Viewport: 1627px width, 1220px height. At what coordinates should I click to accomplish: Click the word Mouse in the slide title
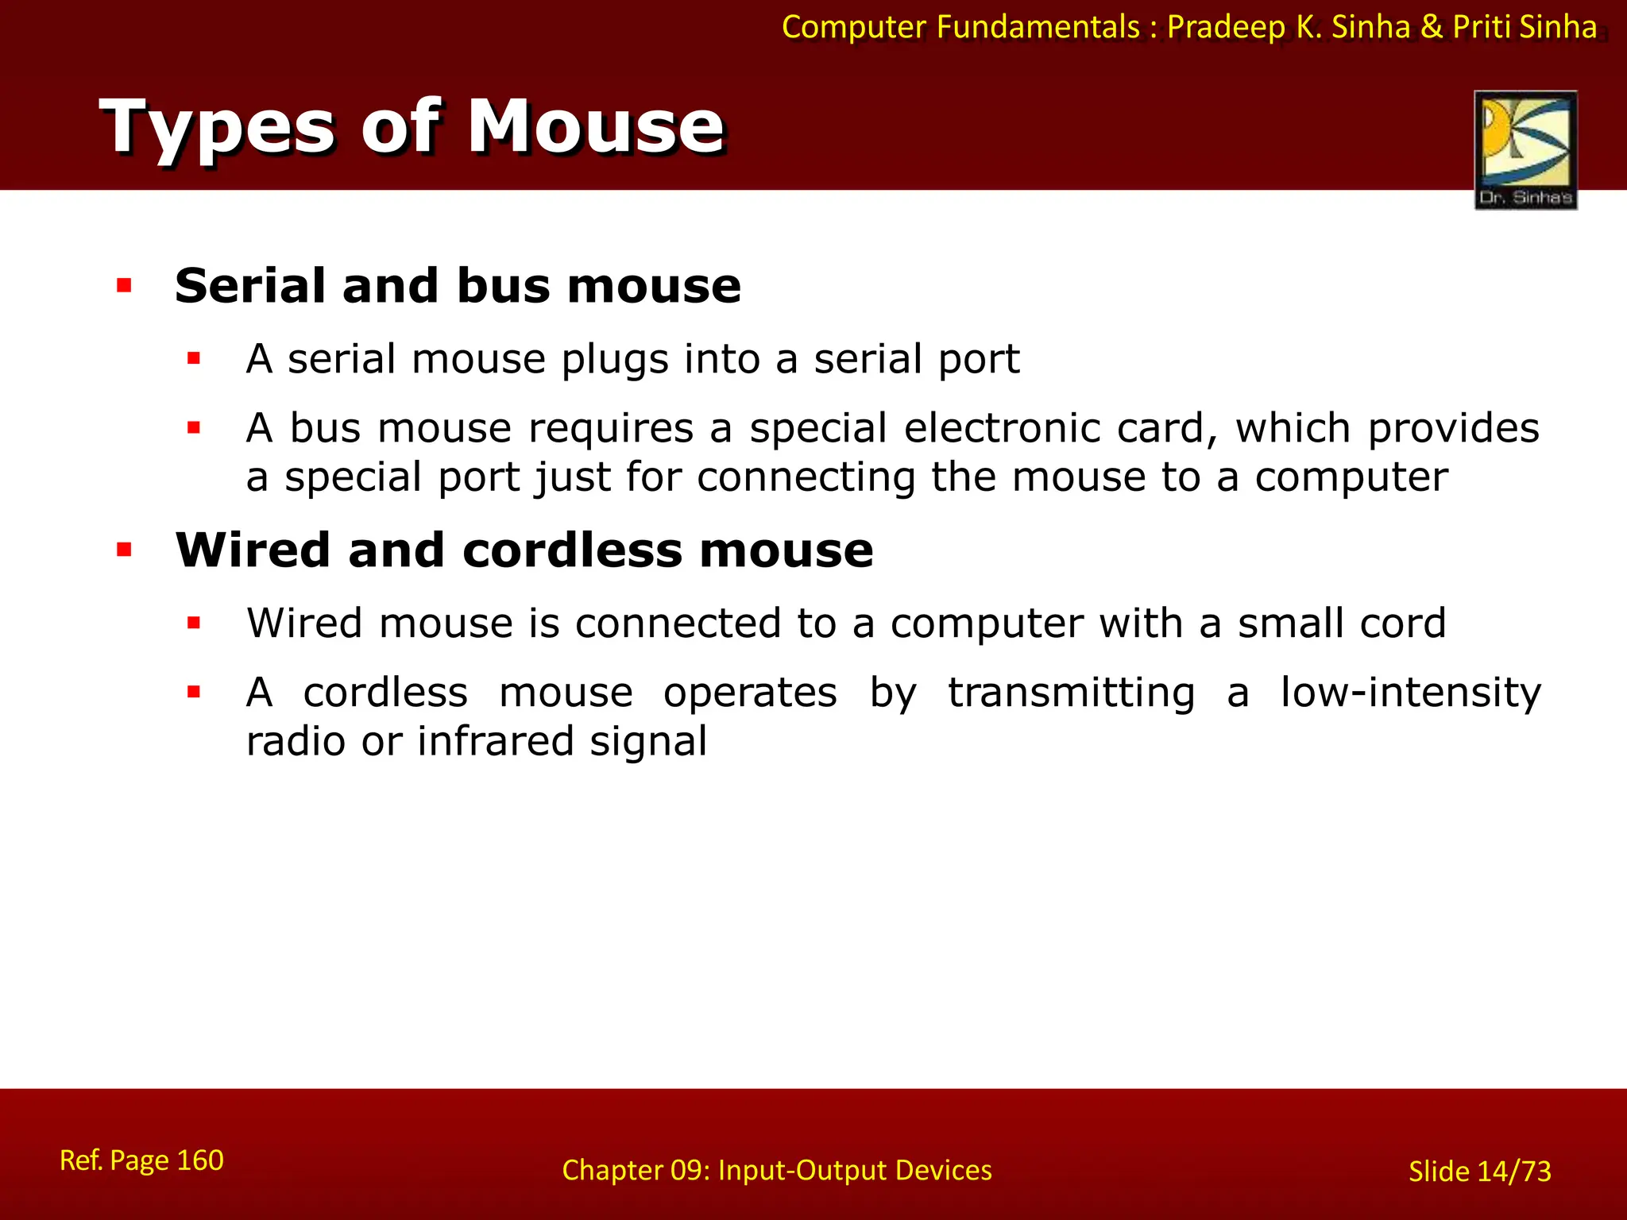pyautogui.click(x=596, y=127)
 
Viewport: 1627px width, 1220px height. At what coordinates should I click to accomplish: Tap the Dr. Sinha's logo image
pyautogui.click(x=1525, y=149)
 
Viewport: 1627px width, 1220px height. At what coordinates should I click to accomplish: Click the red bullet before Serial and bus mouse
pyautogui.click(x=124, y=285)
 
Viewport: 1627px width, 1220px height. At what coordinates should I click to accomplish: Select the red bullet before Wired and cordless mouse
pyautogui.click(x=124, y=550)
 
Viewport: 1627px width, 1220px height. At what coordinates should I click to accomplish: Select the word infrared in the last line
pyautogui.click(x=495, y=741)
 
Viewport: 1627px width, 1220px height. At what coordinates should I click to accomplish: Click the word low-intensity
pyautogui.click(x=1410, y=692)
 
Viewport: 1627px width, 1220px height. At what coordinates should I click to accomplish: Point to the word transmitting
pyautogui.click(x=1071, y=692)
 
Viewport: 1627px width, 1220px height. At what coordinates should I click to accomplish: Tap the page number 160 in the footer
pyautogui.click(x=199, y=1160)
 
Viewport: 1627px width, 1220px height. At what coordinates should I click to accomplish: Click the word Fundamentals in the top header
pyautogui.click(x=1038, y=27)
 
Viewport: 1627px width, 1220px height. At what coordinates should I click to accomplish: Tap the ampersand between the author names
pyautogui.click(x=1432, y=27)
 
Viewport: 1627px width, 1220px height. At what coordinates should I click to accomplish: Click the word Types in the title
pyautogui.click(x=217, y=127)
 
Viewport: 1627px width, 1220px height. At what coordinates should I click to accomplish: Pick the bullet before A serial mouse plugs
pyautogui.click(x=194, y=359)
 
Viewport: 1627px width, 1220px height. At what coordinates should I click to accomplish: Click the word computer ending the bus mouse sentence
pyautogui.click(x=1351, y=477)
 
